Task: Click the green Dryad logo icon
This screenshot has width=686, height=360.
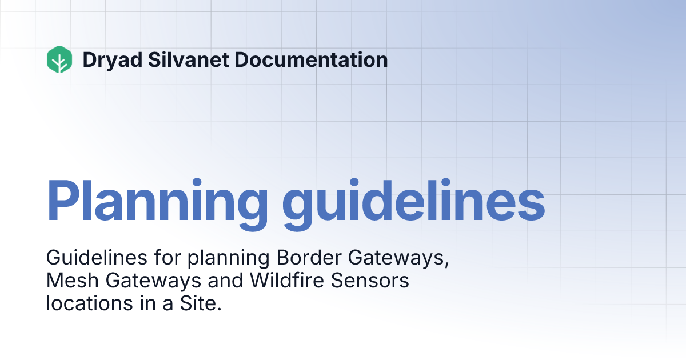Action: [59, 59]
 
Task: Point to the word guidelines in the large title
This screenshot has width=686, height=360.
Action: [412, 201]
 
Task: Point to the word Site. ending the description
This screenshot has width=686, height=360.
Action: [202, 303]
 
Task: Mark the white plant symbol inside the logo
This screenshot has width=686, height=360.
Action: [59, 61]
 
